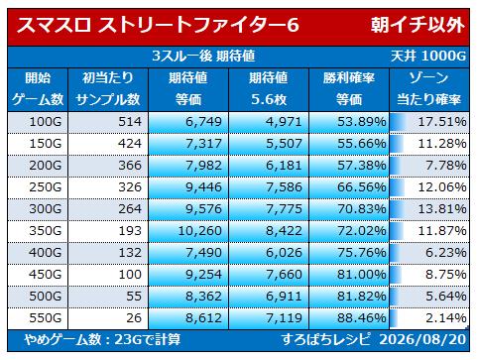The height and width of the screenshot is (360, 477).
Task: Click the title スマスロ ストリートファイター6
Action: click(158, 25)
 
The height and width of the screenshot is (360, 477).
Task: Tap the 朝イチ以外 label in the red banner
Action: click(417, 25)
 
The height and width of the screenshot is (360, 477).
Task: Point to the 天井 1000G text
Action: click(428, 56)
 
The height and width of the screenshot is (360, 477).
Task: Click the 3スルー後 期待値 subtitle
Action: click(203, 56)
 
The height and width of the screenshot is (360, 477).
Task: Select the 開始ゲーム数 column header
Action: click(38, 88)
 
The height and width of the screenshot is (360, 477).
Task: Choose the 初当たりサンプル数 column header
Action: click(108, 88)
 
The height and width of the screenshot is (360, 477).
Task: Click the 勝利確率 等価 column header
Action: click(349, 88)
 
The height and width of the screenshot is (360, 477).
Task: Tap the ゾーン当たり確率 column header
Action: click(429, 88)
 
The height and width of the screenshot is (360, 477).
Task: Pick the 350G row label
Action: click(46, 231)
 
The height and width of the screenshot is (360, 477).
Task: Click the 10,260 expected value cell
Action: click(200, 231)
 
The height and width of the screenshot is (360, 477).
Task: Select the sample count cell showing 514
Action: click(130, 122)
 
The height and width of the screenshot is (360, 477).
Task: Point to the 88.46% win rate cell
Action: click(362, 318)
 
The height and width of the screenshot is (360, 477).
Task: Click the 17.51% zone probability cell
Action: click(442, 122)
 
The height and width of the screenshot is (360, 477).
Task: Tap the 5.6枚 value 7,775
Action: click(284, 209)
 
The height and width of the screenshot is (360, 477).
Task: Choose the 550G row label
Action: click(46, 318)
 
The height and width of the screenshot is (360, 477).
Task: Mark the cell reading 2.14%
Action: click(446, 318)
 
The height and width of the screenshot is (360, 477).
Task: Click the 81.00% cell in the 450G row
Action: click(362, 275)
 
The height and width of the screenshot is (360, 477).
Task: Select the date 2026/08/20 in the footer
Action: click(422, 339)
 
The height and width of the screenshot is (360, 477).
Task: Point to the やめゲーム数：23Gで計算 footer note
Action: click(102, 339)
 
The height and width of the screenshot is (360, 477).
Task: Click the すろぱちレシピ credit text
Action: click(325, 339)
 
